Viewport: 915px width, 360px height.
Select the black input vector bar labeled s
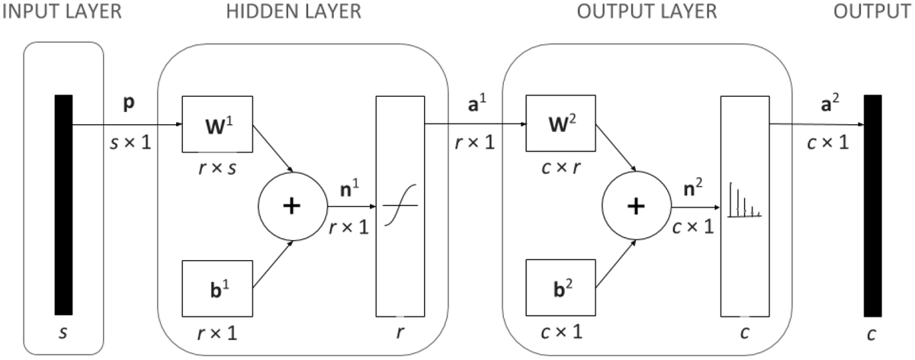63,204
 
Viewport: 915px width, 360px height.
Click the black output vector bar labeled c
873,204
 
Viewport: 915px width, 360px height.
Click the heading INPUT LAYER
61,11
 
